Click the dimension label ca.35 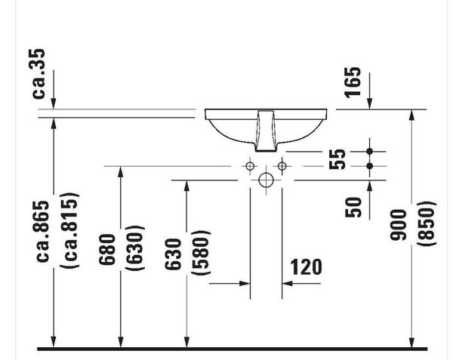pos(39,74)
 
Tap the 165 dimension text pos(353,82)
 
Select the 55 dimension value pos(337,159)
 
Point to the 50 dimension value pos(353,207)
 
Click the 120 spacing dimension pos(306,267)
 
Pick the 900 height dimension pos(398,225)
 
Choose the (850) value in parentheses pos(426,223)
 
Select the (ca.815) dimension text pos(69,230)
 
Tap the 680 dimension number pos(107,249)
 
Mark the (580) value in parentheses pos(202,253)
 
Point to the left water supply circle pos(250,166)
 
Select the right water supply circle pos(282,166)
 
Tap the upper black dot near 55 pos(369,151)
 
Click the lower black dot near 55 pos(369,166)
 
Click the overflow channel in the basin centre pos(266,131)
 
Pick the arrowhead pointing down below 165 pos(369,103)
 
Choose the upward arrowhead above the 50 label pos(369,186)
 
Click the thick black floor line pos(233,349)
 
